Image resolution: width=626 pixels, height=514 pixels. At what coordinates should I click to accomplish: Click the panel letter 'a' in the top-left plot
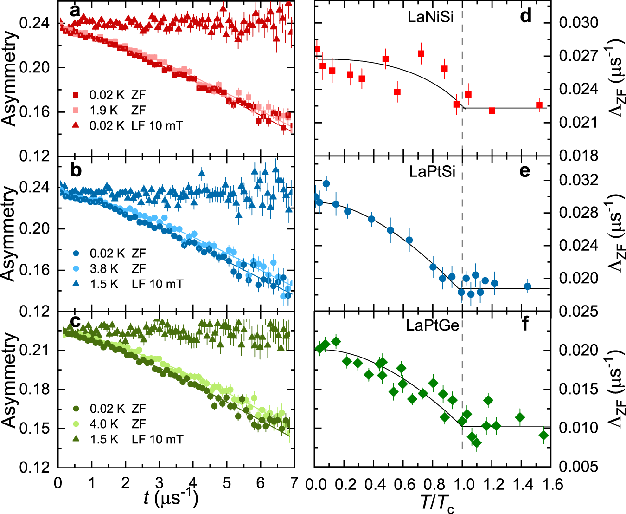point(75,10)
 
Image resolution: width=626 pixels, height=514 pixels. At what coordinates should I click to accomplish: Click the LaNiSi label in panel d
point(430,17)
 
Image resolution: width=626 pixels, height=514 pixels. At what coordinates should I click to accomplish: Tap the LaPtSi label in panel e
point(432,171)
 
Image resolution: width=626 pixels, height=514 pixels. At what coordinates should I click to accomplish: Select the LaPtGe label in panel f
point(432,325)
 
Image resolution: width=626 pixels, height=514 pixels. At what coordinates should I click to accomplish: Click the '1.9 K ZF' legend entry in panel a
point(117,110)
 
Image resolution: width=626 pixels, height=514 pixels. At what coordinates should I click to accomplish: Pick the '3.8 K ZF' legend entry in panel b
point(117,268)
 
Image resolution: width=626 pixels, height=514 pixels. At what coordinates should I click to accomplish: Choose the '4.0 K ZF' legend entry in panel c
point(117,423)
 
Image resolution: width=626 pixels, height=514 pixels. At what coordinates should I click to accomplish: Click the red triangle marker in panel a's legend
point(77,125)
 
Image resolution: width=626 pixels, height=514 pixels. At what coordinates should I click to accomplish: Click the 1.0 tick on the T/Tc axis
point(462,484)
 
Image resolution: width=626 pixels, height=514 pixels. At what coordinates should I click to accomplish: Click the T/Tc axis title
point(432,502)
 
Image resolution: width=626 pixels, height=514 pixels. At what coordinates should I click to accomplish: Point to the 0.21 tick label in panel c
point(36,350)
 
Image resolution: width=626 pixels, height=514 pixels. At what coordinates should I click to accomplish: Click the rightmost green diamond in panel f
point(543,435)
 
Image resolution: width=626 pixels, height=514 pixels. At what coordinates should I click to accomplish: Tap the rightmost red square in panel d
point(539,105)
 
